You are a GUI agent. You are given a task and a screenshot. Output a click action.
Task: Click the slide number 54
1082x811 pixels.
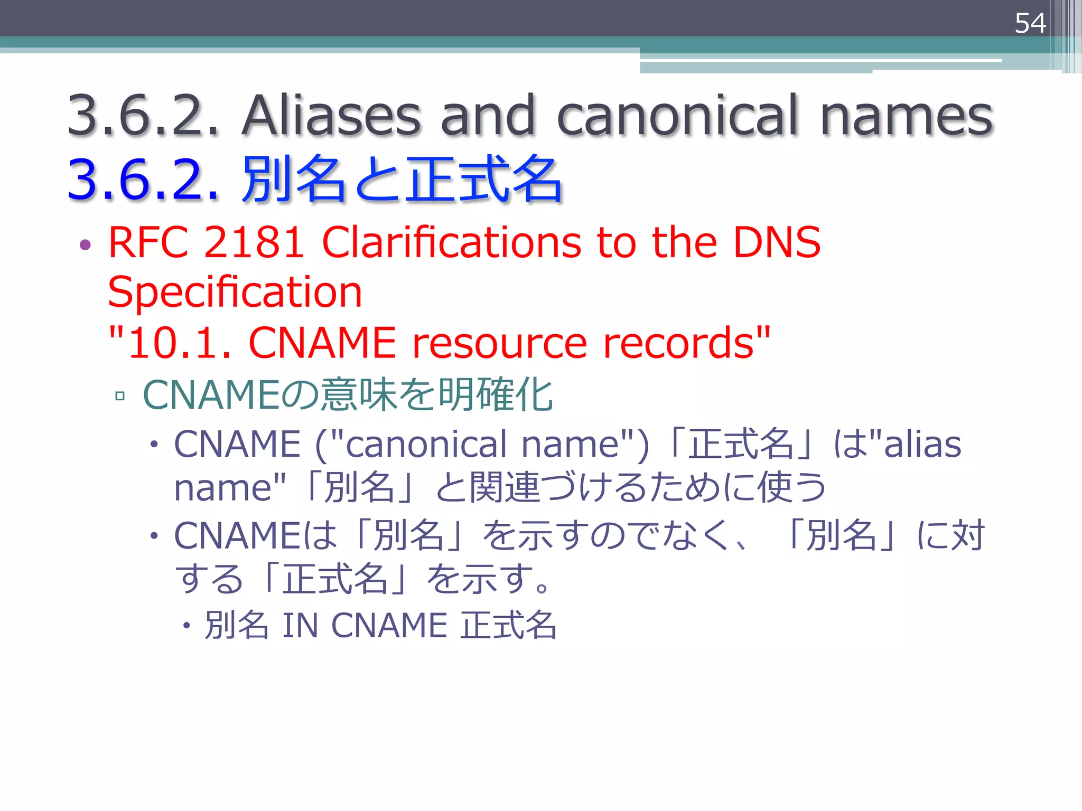click(1030, 23)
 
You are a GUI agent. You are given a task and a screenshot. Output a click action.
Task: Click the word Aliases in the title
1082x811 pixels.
click(331, 115)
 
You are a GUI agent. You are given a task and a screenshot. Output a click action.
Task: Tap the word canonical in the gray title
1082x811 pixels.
click(677, 115)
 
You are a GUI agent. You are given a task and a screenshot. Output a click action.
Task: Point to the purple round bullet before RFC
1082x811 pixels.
click(85, 244)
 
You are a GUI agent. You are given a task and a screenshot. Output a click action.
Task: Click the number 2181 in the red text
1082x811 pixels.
click(254, 242)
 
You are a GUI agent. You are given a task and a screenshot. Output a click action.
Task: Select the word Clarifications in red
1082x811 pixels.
click(451, 242)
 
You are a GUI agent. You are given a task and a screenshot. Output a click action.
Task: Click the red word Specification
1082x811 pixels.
click(235, 292)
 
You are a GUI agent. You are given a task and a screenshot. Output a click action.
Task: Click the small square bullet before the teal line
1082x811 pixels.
click(120, 395)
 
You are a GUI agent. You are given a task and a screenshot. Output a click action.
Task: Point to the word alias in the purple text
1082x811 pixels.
click(922, 444)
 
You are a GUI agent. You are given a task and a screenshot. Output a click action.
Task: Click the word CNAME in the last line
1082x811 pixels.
click(389, 626)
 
